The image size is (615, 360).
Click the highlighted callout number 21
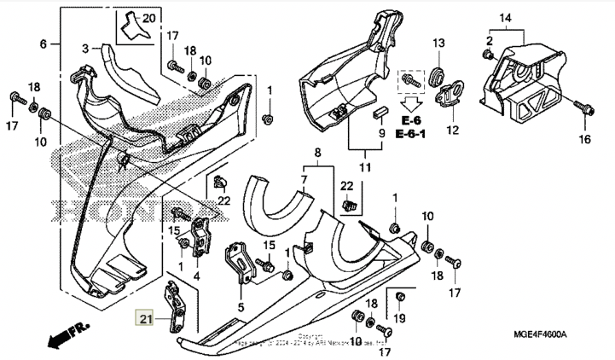pyautogui.click(x=144, y=320)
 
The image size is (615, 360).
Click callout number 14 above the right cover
pyautogui.click(x=505, y=18)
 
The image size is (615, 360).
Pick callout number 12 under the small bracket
pyautogui.click(x=452, y=130)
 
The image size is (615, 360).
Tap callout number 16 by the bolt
pyautogui.click(x=584, y=138)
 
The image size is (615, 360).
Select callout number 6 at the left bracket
pyautogui.click(x=43, y=44)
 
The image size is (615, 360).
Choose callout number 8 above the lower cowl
pyautogui.click(x=316, y=153)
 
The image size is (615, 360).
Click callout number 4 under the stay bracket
pyautogui.click(x=196, y=276)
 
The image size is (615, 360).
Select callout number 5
pyautogui.click(x=241, y=307)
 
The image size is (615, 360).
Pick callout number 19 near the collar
pyautogui.click(x=401, y=318)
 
